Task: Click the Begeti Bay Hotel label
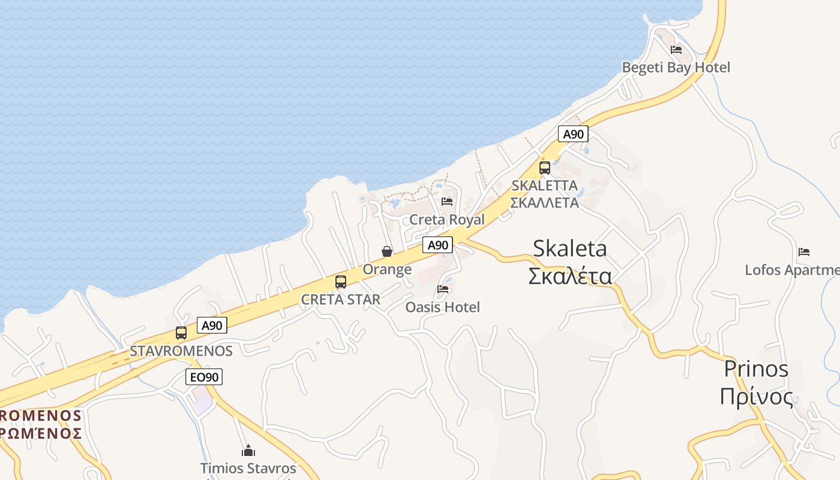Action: click(676, 67)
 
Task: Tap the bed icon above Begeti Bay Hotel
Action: click(676, 50)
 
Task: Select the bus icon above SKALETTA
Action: click(545, 168)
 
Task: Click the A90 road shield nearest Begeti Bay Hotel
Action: click(573, 134)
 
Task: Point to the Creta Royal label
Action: click(446, 220)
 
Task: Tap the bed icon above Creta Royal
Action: click(447, 202)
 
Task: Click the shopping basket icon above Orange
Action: click(387, 251)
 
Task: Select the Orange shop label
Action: click(387, 269)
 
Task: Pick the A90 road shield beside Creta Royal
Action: click(437, 245)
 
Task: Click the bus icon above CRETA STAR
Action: click(341, 282)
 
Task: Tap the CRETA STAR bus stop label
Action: click(340, 299)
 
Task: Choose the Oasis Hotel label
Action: click(443, 307)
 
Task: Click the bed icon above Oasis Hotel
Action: click(443, 289)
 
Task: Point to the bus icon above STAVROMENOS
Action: click(181, 333)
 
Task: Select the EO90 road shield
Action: click(204, 377)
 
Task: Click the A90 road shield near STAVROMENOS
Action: click(212, 325)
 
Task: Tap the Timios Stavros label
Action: click(248, 468)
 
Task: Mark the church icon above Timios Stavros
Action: click(248, 451)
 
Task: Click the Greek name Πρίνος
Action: click(756, 397)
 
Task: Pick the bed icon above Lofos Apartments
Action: click(804, 252)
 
